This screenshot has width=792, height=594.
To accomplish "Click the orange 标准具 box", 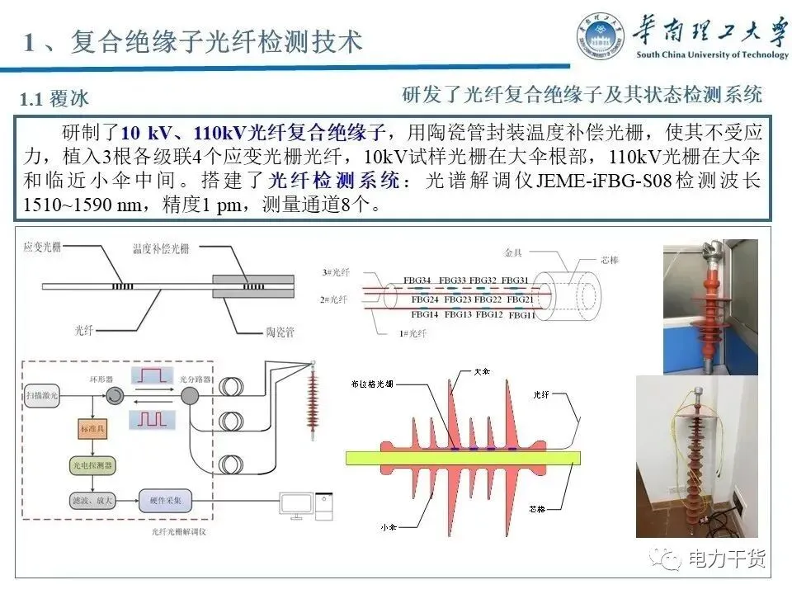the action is (x=86, y=430).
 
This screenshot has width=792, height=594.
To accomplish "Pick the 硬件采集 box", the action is (x=171, y=498).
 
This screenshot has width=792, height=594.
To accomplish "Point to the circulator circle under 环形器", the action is (x=111, y=397).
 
